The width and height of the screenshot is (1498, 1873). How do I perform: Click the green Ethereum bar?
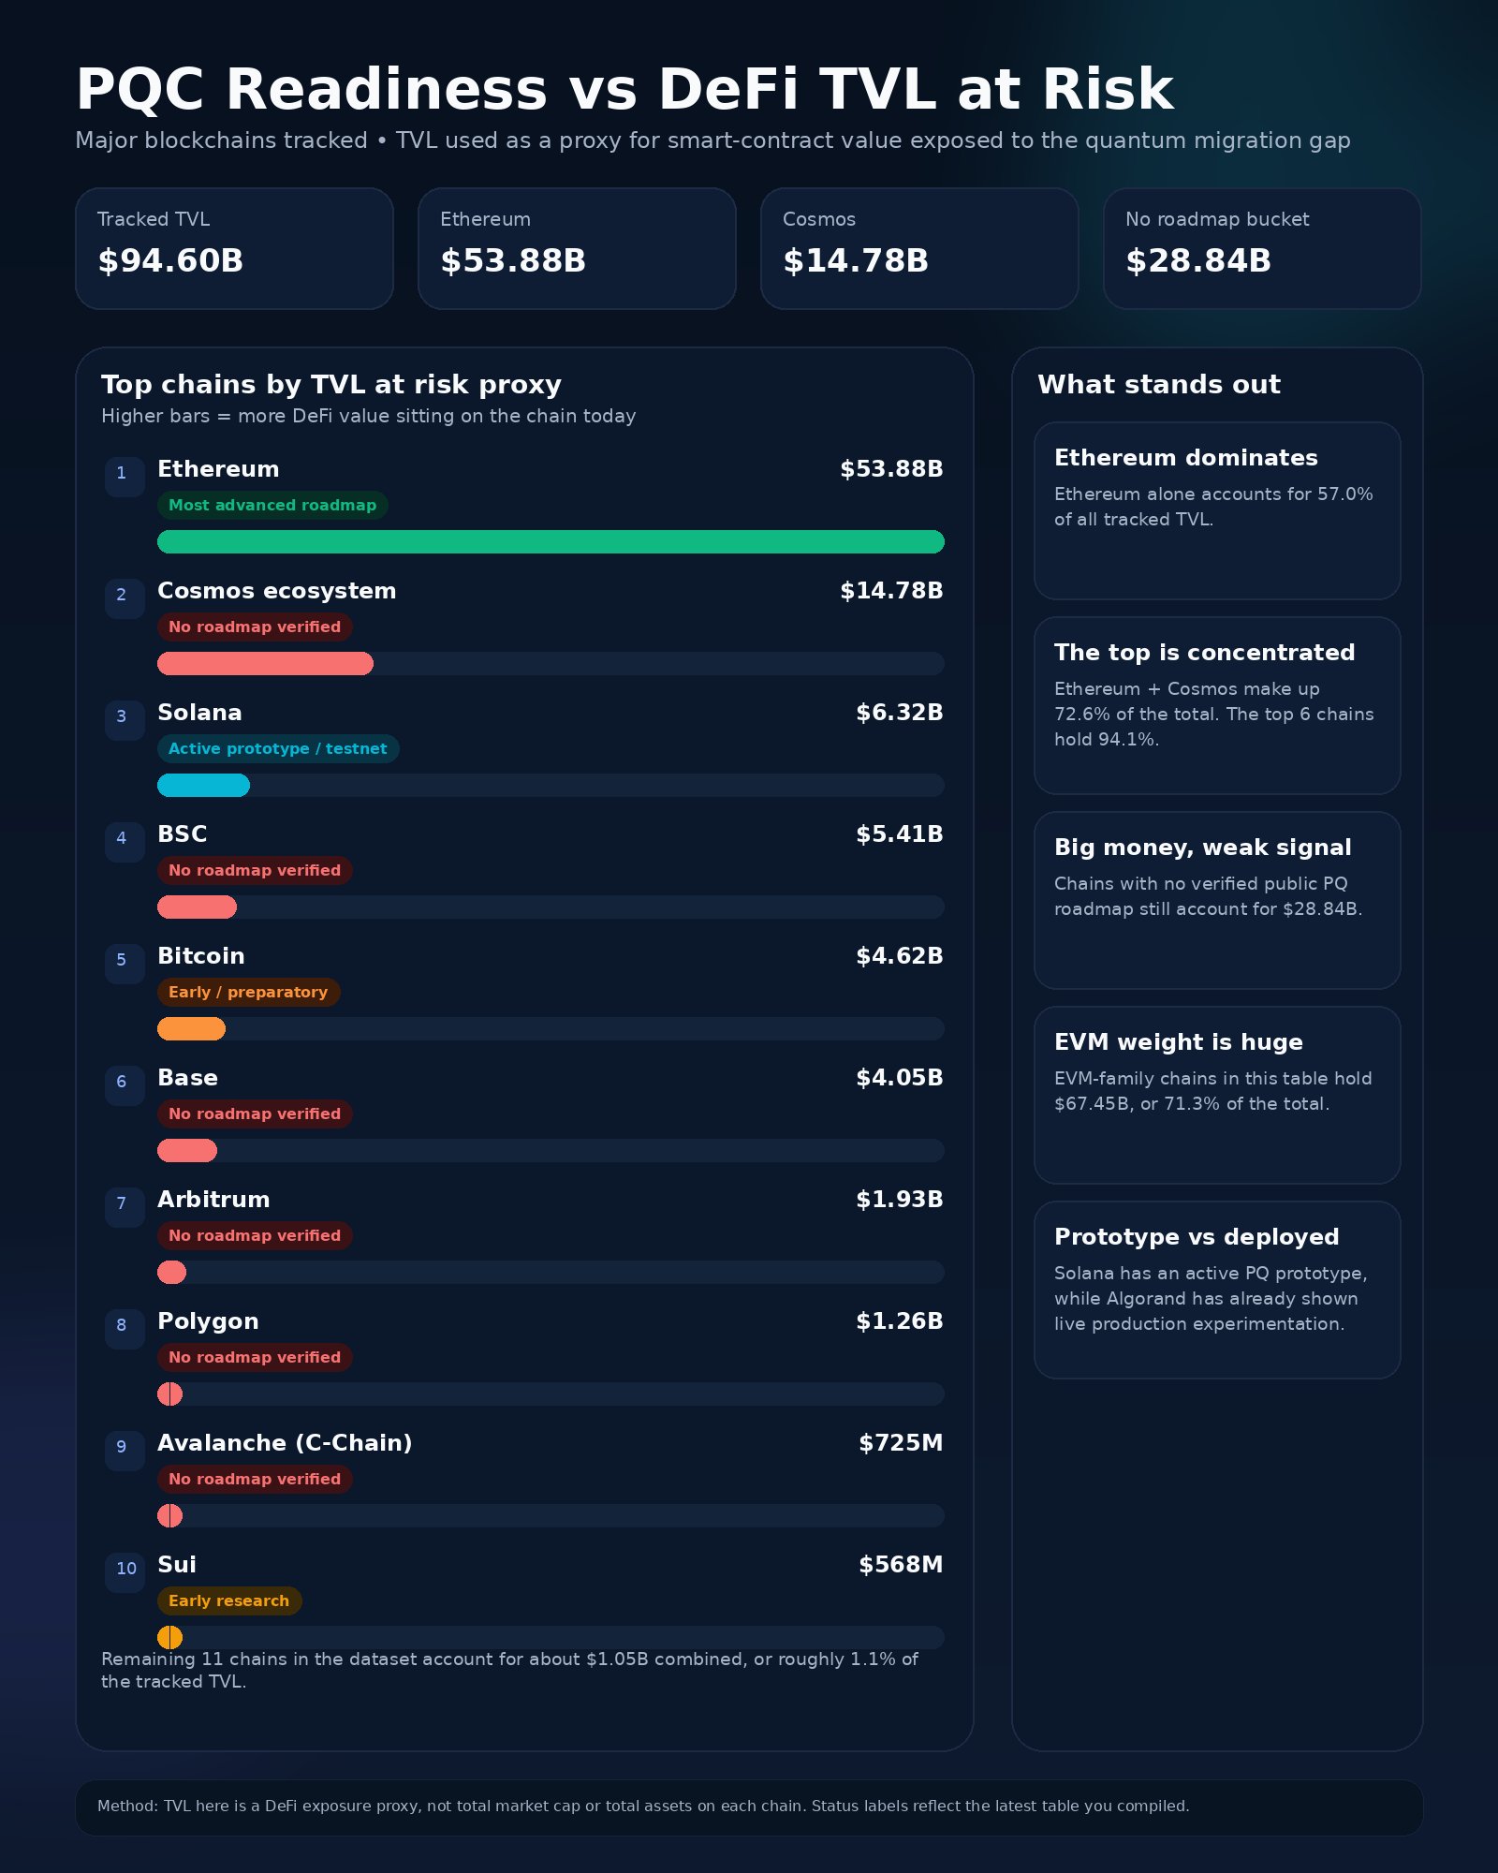551,542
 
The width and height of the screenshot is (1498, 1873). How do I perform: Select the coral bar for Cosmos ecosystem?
265,664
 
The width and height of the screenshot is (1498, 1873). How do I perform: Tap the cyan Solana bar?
203,786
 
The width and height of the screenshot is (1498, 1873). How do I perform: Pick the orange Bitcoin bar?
191,1029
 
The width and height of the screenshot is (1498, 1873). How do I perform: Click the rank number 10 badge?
125,1569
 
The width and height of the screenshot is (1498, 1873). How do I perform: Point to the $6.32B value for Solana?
899,713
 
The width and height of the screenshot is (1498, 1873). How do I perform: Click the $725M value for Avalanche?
901,1443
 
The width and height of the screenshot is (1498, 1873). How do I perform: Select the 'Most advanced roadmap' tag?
272,506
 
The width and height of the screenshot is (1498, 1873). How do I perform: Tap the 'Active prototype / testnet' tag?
278,749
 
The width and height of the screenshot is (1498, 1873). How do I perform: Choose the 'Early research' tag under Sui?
229,1601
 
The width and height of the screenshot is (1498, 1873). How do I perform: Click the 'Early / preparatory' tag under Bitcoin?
248,993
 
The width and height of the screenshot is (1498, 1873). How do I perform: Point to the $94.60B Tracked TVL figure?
170,260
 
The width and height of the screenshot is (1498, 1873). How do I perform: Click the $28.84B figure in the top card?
1198,260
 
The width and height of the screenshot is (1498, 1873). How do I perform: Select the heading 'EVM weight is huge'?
1178,1042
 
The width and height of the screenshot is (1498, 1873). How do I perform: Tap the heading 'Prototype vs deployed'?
1197,1237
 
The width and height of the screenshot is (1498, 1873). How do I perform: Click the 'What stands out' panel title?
1159,385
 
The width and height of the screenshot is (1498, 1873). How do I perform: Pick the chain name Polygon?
208,1321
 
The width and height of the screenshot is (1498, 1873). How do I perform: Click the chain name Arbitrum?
213,1200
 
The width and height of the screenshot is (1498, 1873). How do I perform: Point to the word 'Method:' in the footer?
128,1807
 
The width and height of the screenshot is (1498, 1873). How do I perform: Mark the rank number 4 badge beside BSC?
122,838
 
